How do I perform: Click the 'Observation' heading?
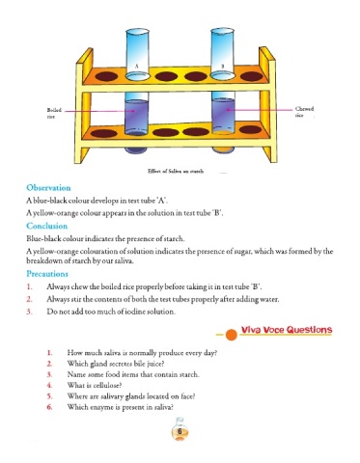tap(48, 188)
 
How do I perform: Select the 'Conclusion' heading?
tap(47, 226)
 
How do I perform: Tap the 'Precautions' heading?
tap(47, 274)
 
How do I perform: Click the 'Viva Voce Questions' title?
tap(287, 330)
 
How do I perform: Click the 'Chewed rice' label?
tap(304, 112)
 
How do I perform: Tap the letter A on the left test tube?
tap(136, 66)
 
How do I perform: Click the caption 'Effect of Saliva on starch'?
tap(176, 171)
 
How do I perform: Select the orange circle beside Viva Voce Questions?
tap(231, 335)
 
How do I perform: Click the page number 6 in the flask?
tap(180, 431)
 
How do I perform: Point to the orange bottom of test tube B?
tap(223, 150)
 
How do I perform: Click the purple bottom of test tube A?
tap(136, 150)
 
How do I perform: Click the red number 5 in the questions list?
tap(49, 396)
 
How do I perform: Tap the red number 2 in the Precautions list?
tap(29, 299)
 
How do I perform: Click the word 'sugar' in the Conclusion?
tap(244, 252)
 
